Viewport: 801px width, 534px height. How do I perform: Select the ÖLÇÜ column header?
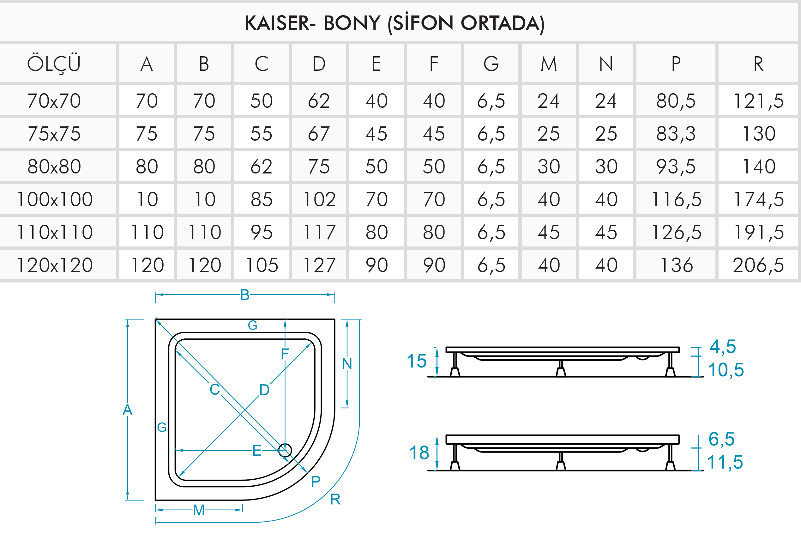pyautogui.click(x=54, y=63)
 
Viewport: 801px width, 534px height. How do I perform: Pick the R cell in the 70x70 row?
pyautogui.click(x=758, y=101)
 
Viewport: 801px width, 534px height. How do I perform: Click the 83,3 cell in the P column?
pyautogui.click(x=676, y=133)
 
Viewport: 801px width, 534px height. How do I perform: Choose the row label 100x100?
pyautogui.click(x=54, y=199)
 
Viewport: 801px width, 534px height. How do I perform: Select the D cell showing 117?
pyautogui.click(x=319, y=232)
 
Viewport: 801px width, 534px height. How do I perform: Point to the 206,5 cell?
pyautogui.click(x=758, y=265)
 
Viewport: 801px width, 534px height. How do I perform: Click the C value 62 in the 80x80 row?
pyautogui.click(x=262, y=167)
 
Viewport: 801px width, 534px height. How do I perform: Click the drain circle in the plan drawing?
pyautogui.click(x=285, y=450)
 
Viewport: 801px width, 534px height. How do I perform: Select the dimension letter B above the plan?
pyautogui.click(x=245, y=295)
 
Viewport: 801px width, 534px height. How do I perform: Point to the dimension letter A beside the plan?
pyautogui.click(x=127, y=410)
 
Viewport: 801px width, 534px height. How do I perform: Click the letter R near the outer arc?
pyautogui.click(x=335, y=499)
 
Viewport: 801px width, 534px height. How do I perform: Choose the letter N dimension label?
pyautogui.click(x=347, y=364)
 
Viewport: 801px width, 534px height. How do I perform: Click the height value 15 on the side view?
pyautogui.click(x=417, y=361)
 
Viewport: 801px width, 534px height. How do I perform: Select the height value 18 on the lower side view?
pyautogui.click(x=419, y=453)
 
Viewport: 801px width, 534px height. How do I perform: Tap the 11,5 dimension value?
pyautogui.click(x=725, y=462)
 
